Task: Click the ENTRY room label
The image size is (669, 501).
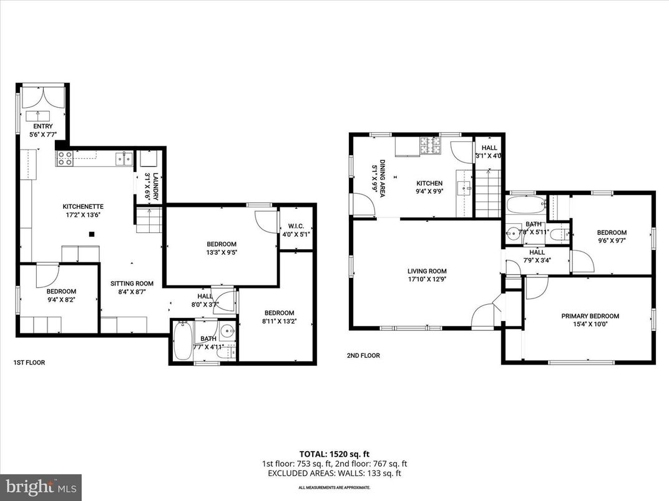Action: coord(43,126)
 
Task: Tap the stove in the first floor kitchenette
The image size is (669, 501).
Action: coord(64,158)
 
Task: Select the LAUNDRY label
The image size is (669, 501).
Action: coord(155,176)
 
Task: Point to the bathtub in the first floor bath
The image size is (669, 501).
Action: coord(182,340)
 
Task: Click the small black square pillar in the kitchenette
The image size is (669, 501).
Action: coord(92,234)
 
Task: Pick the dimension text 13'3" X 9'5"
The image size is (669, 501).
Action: coord(222,252)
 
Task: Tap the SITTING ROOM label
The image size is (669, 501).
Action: coord(132,282)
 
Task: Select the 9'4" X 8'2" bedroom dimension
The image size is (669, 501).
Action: coord(61,300)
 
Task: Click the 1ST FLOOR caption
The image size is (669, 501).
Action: coord(29,362)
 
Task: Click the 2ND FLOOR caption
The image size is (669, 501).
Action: coord(363,356)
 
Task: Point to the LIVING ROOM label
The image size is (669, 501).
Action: coord(427,271)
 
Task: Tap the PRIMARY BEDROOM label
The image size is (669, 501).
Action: coord(590,316)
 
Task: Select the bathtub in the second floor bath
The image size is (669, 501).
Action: coord(525,205)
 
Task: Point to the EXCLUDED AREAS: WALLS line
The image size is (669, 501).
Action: coord(334,473)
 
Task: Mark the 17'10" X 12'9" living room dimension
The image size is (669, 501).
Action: coord(427,279)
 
